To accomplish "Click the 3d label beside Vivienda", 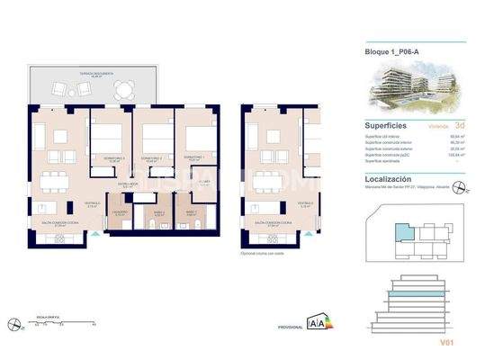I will coord(460,127).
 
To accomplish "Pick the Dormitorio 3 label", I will coord(112,158).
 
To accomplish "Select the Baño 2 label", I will coord(157,212).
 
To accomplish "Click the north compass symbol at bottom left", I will coord(12,323).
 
